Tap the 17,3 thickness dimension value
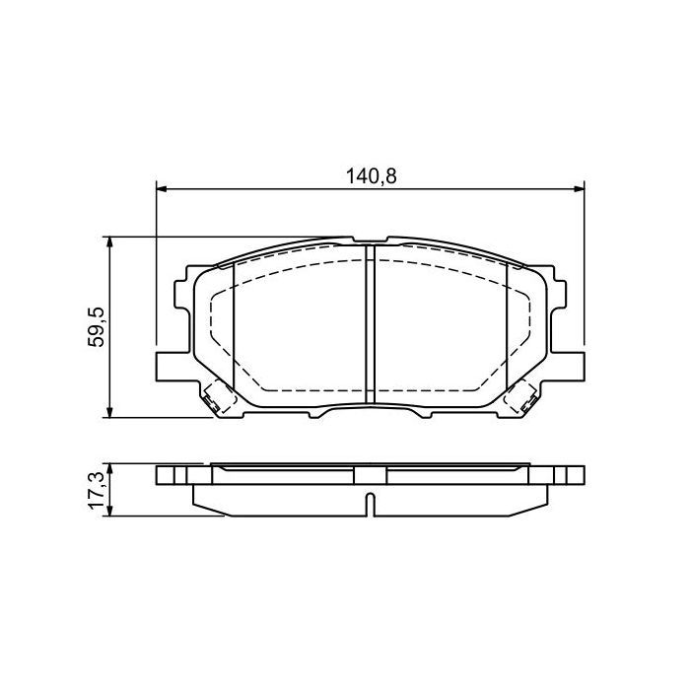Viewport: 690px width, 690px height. click(x=97, y=489)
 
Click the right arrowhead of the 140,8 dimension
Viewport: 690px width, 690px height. click(x=579, y=189)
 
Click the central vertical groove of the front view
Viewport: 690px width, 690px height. click(x=371, y=325)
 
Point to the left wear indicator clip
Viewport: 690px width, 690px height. click(x=214, y=399)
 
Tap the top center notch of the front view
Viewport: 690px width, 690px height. click(x=370, y=241)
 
